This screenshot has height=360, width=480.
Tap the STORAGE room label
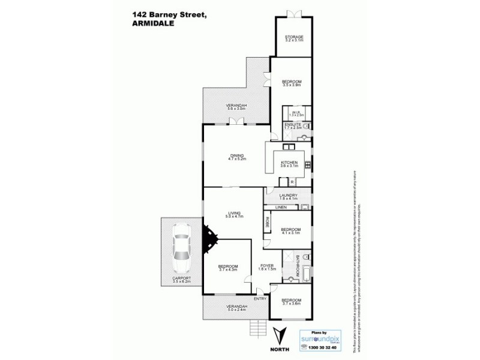click(x=294, y=37)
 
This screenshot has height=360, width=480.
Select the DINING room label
click(x=237, y=155)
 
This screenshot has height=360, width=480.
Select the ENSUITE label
click(x=293, y=124)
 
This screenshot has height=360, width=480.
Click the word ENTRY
click(x=260, y=298)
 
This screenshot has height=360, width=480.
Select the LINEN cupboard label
click(x=281, y=208)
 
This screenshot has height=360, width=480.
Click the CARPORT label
click(x=181, y=278)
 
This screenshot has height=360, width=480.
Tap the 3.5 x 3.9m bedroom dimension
click(x=292, y=85)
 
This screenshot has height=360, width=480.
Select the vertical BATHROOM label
click(x=298, y=266)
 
